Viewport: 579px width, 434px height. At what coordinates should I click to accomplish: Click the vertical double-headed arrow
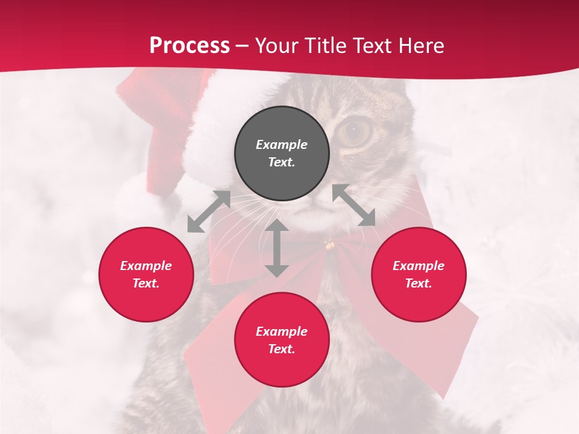[277, 248]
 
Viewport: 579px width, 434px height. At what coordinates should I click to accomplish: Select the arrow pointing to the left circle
[209, 212]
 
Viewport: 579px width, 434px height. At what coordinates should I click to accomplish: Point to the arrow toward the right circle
[354, 205]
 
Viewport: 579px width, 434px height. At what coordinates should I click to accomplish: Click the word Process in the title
[189, 45]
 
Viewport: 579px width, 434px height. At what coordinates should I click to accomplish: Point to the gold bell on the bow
[329, 244]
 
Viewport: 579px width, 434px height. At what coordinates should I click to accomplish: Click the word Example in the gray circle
[282, 145]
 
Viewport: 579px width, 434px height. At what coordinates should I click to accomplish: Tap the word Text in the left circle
[146, 283]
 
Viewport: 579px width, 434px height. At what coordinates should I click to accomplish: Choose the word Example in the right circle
[419, 266]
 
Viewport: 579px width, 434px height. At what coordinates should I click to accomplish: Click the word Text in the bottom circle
[282, 349]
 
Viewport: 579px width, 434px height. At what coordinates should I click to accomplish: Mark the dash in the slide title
[242, 46]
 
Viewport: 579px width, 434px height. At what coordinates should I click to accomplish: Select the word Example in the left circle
[146, 266]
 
